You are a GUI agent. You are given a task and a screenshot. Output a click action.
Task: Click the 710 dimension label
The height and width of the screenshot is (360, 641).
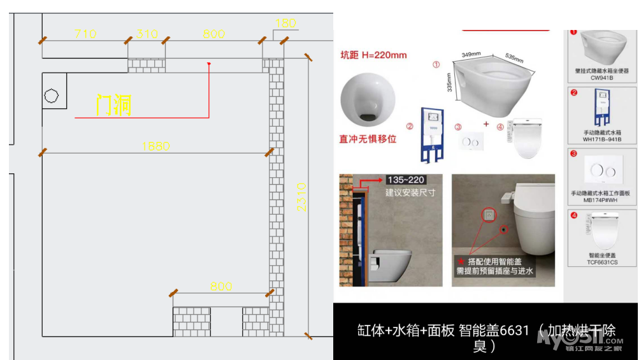pos(85,34)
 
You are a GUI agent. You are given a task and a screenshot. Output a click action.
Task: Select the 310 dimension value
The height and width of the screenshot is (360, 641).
pos(147,34)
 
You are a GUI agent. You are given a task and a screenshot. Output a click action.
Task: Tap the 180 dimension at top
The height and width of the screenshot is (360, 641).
pos(285,24)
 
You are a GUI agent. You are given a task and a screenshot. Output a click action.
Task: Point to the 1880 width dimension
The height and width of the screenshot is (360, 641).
pos(155,146)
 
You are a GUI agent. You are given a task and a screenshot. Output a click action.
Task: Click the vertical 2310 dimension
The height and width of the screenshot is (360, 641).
pos(301,198)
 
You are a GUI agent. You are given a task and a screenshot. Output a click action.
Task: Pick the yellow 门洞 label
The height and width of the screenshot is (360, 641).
pos(114,105)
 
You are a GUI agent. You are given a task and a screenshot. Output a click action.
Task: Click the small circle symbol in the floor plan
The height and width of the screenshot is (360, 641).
pos(52,96)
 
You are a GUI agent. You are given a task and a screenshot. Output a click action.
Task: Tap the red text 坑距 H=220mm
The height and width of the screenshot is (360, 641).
pos(373,55)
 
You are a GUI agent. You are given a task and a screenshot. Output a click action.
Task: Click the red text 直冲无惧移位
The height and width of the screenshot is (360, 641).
pos(368,138)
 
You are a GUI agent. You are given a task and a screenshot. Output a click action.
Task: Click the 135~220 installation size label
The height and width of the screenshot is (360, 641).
pos(406,180)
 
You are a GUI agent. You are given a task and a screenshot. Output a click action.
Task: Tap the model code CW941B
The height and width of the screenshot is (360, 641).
pos(601,77)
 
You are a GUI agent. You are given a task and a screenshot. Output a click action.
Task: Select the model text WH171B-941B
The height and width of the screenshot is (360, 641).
pos(601,139)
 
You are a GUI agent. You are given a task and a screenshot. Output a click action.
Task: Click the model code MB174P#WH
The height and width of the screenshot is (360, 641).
pos(601,200)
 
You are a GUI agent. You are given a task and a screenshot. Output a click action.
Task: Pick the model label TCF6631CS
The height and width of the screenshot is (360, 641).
pos(601,262)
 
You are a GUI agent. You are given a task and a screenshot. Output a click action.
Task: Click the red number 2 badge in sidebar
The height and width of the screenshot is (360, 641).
pos(573,92)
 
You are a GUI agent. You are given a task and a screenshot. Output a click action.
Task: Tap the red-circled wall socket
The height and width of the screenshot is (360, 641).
pos(488,215)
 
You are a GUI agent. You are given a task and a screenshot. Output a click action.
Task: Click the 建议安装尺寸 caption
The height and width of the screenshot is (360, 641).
pos(410,192)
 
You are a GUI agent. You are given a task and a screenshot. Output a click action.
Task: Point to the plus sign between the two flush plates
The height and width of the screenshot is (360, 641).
pos(486,124)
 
